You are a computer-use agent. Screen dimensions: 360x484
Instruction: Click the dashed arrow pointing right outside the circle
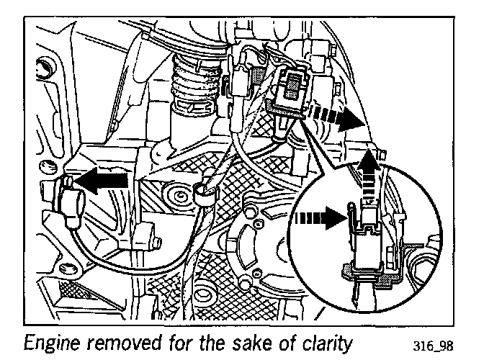339,120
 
